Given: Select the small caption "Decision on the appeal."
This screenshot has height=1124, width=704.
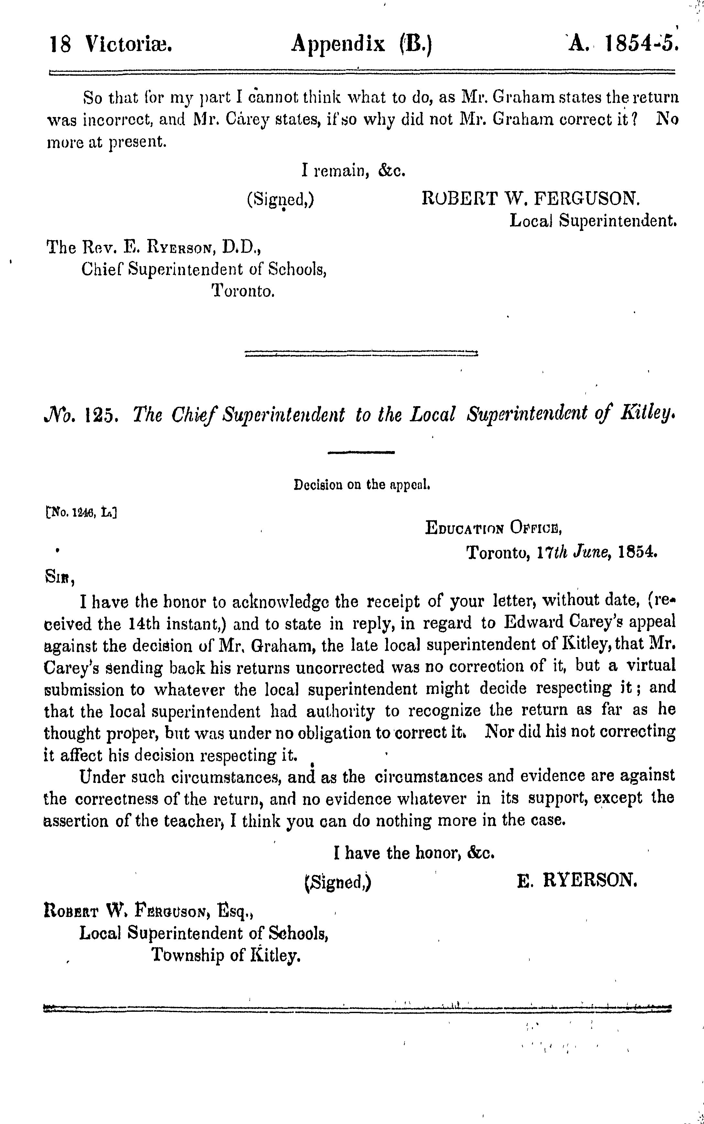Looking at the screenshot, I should click(x=361, y=485).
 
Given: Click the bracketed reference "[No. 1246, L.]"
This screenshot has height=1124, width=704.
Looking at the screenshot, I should click(x=81, y=513).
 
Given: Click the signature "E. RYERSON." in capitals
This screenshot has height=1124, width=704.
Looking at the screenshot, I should click(x=576, y=881).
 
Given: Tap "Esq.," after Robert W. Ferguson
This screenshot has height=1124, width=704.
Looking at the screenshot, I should click(x=235, y=909).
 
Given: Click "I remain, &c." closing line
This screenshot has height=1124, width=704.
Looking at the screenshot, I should click(x=354, y=171).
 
